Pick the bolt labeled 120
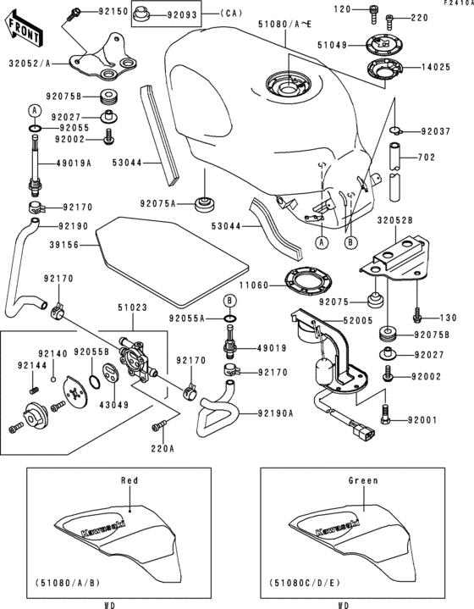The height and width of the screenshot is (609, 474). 341,8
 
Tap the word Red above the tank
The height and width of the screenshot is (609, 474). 130,480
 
